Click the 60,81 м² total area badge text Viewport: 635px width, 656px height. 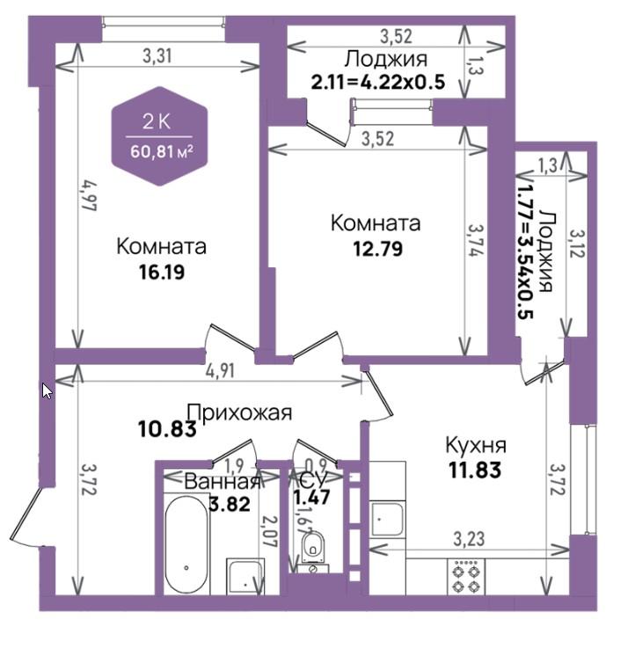[162, 151]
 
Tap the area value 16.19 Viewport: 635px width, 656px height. [162, 273]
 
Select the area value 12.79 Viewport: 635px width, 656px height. [377, 249]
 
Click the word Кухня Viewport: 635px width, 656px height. [476, 445]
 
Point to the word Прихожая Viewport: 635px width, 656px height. [239, 412]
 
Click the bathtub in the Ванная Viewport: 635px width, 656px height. [186, 543]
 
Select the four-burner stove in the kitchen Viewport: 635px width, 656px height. [466, 578]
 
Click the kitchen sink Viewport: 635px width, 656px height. [387, 518]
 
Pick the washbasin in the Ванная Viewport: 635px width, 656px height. [245, 576]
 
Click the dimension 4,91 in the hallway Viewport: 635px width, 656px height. [220, 371]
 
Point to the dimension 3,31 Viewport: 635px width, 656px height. [157, 55]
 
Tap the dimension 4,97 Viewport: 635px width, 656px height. [89, 195]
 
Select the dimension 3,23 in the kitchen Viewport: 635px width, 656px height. [469, 539]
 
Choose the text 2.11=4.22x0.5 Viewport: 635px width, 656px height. [377, 82]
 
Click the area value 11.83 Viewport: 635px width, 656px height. [475, 470]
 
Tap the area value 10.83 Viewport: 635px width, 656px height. [167, 429]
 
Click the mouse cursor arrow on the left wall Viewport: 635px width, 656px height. [47, 390]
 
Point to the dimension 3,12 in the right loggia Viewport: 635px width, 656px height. [577, 244]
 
